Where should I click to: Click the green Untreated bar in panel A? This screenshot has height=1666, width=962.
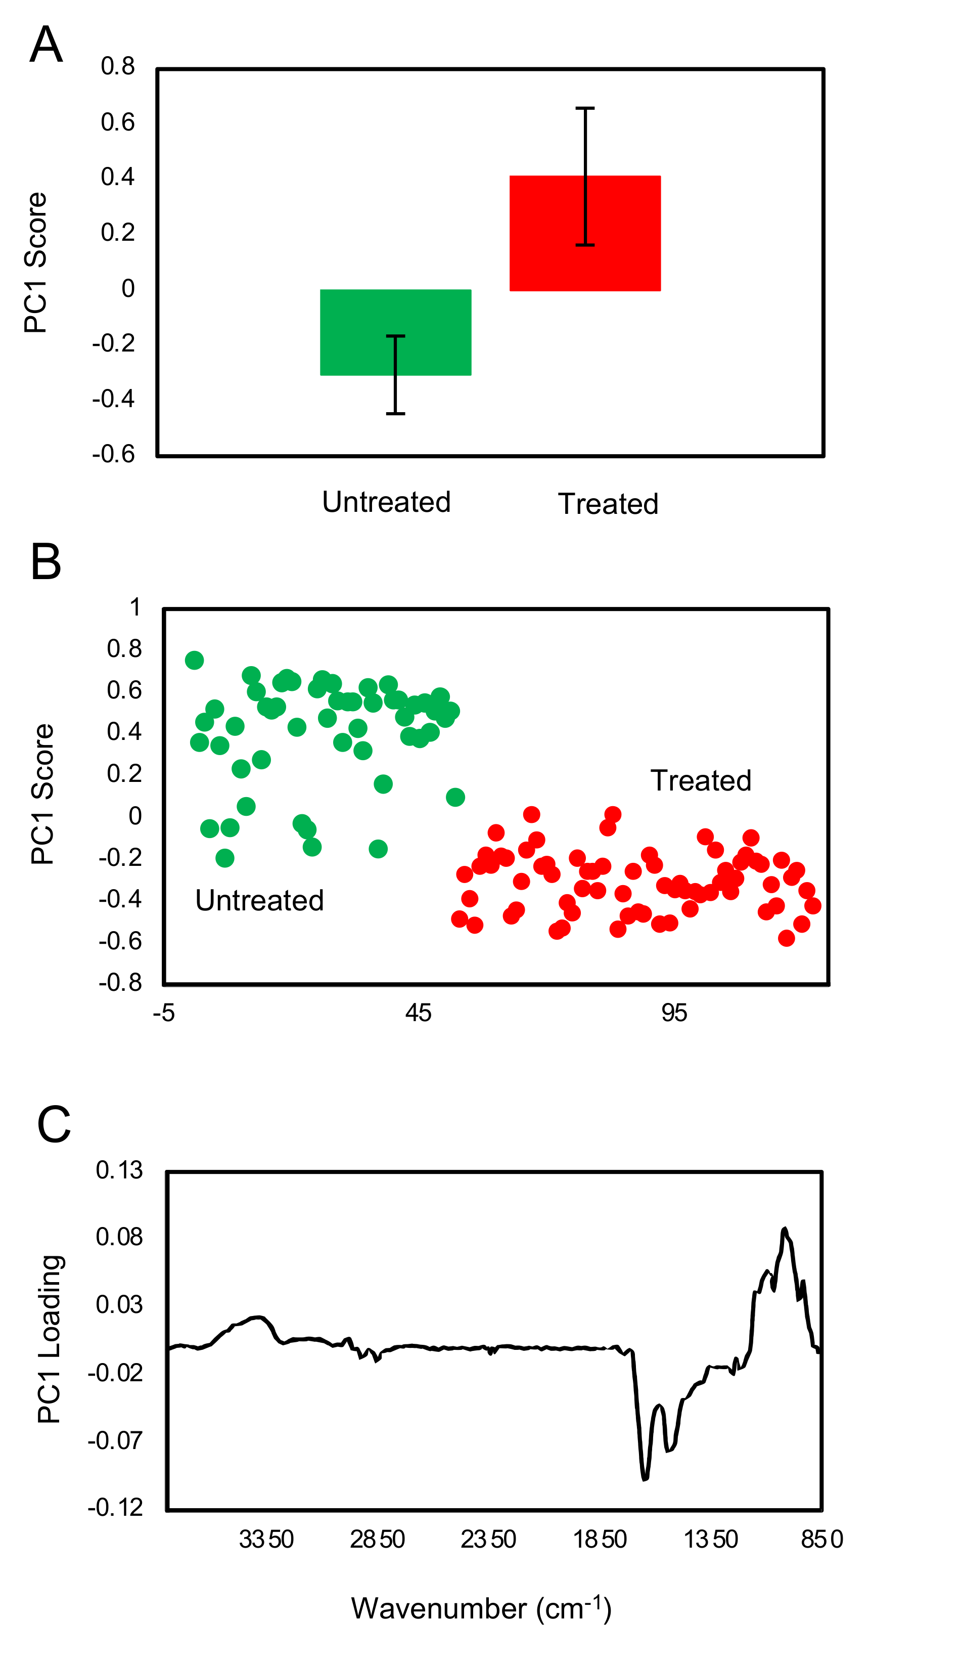[x=395, y=332]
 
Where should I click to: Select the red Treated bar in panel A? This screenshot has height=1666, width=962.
[x=585, y=233]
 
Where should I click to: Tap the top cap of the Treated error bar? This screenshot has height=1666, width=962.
[x=585, y=108]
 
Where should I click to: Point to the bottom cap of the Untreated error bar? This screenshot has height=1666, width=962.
[x=395, y=414]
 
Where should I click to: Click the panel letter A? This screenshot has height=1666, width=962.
[x=46, y=45]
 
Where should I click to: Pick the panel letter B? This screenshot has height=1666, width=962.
[x=45, y=562]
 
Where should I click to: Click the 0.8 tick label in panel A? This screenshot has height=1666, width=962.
[x=118, y=66]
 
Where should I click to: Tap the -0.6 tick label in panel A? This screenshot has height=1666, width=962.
[x=114, y=454]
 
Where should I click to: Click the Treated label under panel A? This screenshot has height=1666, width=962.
[x=608, y=504]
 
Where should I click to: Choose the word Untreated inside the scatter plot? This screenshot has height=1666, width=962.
[x=259, y=900]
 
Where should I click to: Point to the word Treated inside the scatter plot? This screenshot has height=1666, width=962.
[x=700, y=780]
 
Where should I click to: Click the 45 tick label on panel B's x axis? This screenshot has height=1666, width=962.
[x=418, y=1013]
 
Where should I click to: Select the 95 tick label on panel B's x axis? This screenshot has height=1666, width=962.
[x=674, y=1013]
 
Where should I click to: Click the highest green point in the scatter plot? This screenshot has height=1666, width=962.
[x=194, y=660]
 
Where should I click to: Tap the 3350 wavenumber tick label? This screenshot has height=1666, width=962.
[x=266, y=1539]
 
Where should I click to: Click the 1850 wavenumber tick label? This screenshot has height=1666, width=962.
[x=599, y=1539]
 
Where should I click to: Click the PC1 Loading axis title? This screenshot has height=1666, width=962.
[x=50, y=1338]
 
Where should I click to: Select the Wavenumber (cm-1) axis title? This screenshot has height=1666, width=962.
[x=481, y=1608]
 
